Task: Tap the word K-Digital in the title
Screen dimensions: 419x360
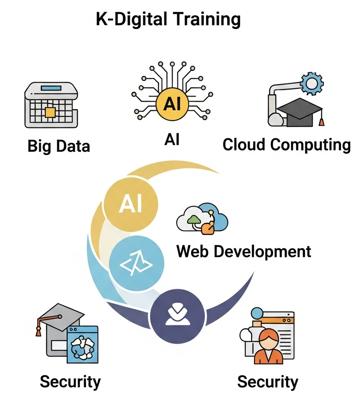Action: pyautogui.click(x=130, y=20)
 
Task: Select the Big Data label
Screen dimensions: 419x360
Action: pyautogui.click(x=59, y=146)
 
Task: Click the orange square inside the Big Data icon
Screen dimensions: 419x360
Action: pyautogui.click(x=50, y=111)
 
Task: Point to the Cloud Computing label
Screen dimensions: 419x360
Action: pyautogui.click(x=287, y=145)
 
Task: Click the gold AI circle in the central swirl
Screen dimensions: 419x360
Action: pyautogui.click(x=130, y=204)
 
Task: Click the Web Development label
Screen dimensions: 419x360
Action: pyautogui.click(x=244, y=251)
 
